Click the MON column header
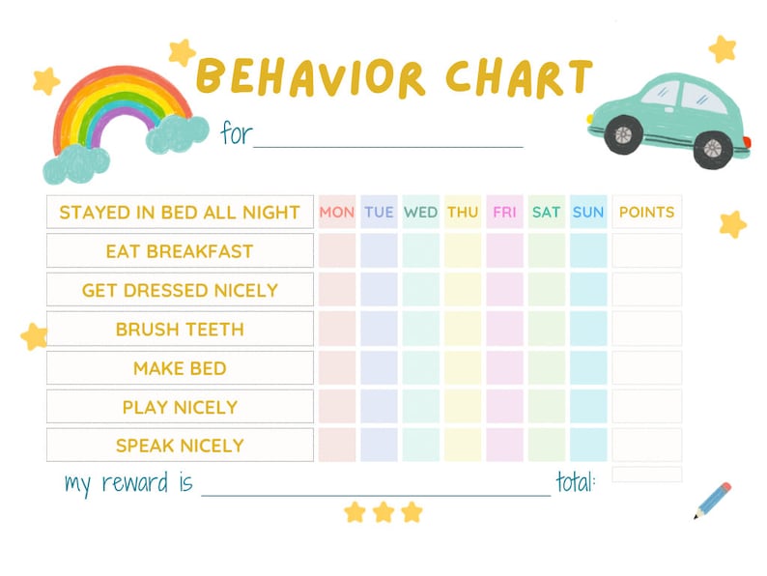point(337,212)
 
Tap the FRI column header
point(504,212)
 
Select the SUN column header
point(588,212)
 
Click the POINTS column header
point(646,212)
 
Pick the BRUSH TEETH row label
point(180,329)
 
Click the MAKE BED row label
point(180,368)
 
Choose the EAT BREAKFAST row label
point(180,251)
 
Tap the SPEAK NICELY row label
point(180,446)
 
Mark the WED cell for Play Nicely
point(421,407)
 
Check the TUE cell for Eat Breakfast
point(379,251)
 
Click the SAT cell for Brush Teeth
point(547,329)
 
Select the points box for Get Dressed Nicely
point(646,290)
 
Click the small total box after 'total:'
point(646,475)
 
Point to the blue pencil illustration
point(712,500)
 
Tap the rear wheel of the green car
point(712,147)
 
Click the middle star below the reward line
point(383,511)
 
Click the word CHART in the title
point(520,78)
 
